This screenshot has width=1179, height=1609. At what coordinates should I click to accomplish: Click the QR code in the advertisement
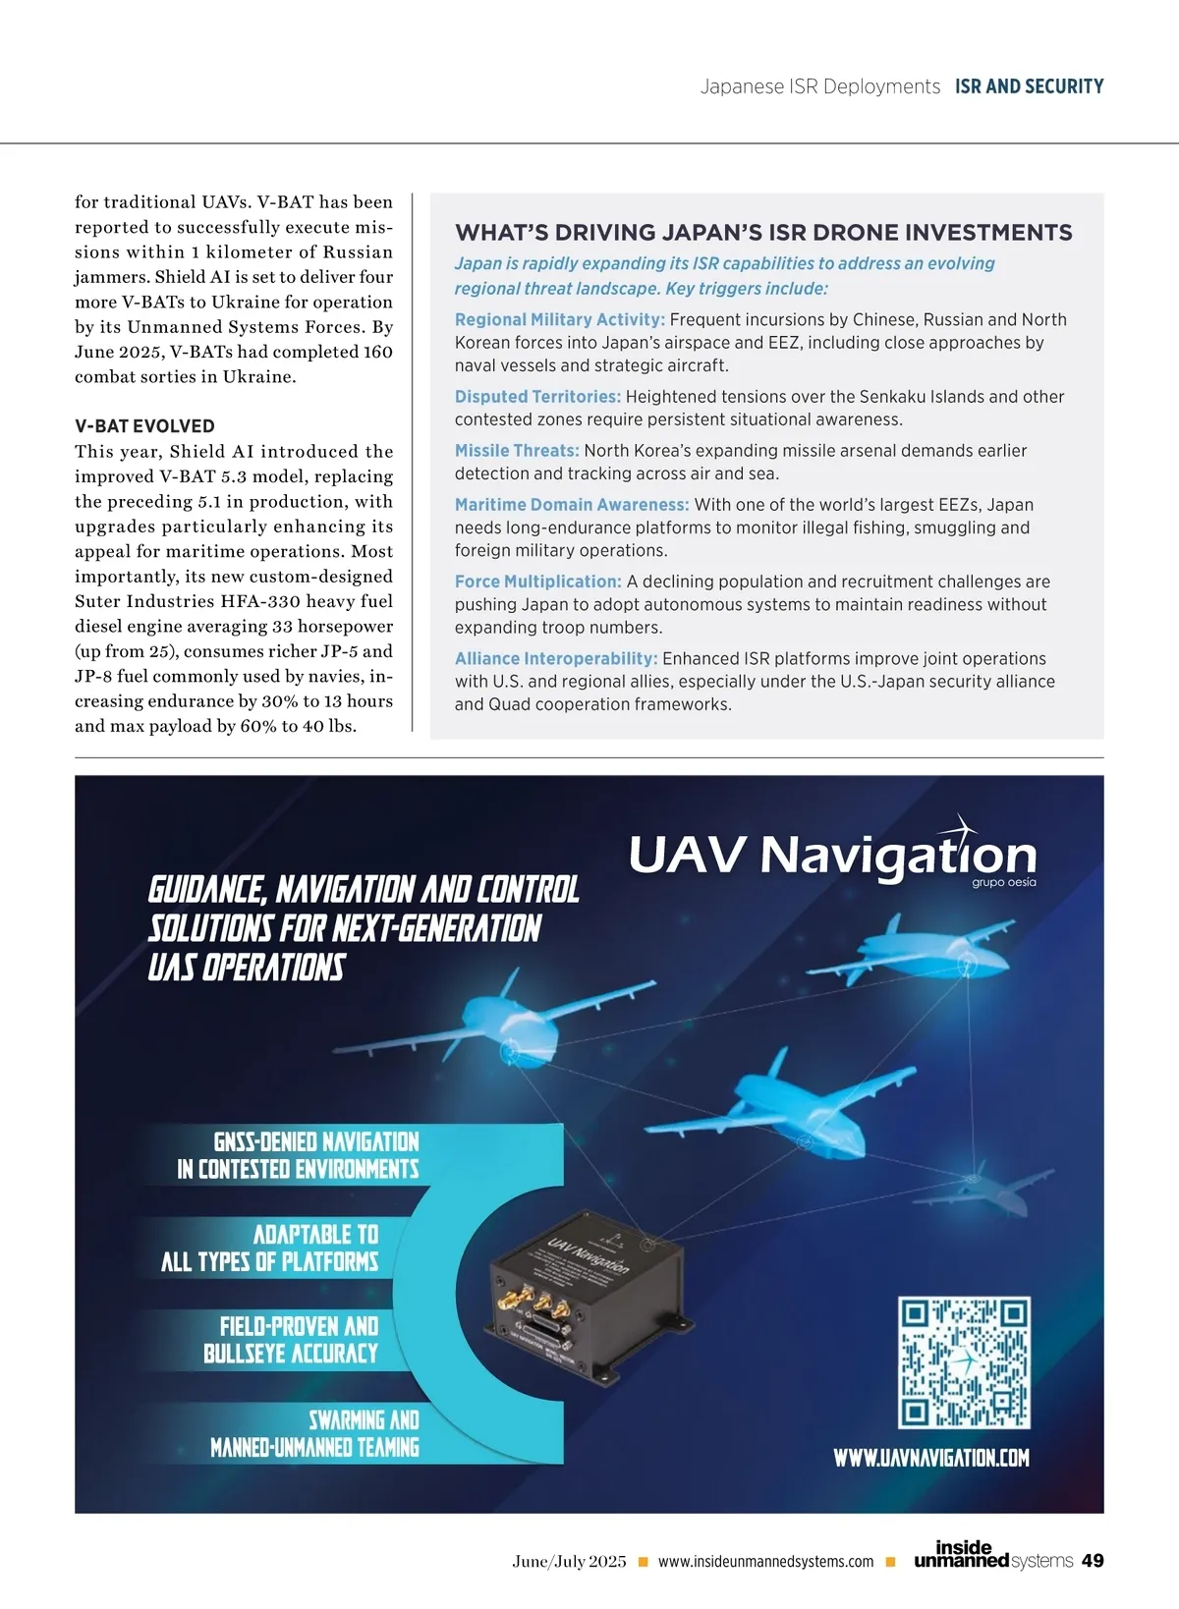(964, 1361)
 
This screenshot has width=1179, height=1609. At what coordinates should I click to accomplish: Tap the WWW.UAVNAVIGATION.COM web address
(931, 1458)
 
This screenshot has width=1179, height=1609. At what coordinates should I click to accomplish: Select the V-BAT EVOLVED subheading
(144, 426)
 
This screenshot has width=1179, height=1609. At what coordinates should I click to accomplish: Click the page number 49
(1092, 1561)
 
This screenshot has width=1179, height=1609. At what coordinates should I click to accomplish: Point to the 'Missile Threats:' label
(517, 451)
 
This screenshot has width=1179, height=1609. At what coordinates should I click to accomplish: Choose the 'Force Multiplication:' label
(537, 582)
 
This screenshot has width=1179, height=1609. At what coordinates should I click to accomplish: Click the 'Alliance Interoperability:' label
(555, 658)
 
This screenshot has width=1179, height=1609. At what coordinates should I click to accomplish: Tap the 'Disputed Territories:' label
(537, 397)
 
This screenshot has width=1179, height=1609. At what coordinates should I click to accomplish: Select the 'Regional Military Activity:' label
(559, 319)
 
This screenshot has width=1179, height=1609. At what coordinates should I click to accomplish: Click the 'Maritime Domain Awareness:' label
(572, 505)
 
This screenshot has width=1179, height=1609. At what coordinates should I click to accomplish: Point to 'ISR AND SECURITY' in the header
(1029, 86)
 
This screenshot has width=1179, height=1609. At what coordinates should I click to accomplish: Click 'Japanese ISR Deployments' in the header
(819, 86)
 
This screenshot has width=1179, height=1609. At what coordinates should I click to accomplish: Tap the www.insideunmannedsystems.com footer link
(765, 1562)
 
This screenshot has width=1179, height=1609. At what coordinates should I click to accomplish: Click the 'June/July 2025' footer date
(569, 1562)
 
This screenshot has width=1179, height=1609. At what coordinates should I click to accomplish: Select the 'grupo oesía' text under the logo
(1003, 882)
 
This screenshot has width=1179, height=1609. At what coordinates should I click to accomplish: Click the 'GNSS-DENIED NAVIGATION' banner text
(316, 1141)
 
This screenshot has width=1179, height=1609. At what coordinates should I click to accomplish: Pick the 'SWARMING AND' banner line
(364, 1420)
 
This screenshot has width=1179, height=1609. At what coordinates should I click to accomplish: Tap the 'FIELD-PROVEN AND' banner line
(299, 1327)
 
